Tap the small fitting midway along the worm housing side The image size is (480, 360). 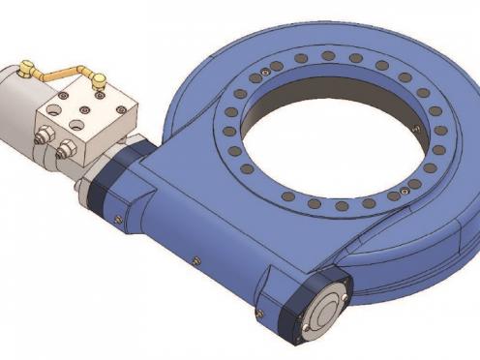point(196,259)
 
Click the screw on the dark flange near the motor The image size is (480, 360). point(117,219)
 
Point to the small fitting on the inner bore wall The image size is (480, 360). point(415,130)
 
